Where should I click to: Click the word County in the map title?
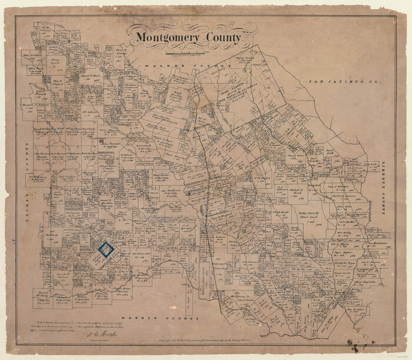222,38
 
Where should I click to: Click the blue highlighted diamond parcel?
106,250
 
